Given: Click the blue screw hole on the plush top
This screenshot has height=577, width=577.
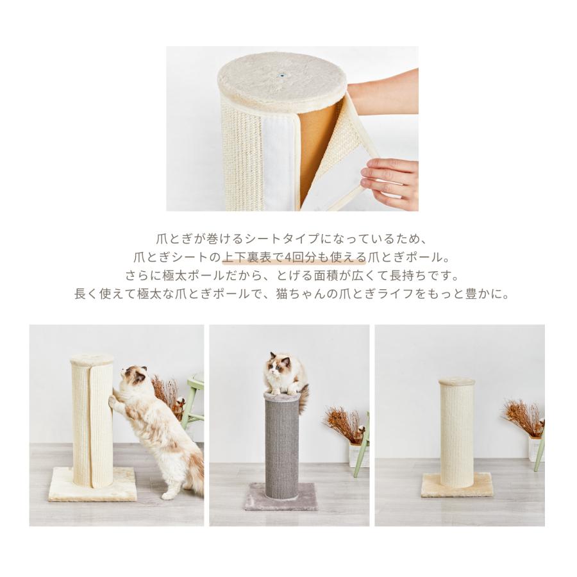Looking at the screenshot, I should coord(281,74).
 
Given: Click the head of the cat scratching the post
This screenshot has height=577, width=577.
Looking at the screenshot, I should coord(135,380).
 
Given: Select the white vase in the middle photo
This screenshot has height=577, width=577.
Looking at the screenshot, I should coord(353,455).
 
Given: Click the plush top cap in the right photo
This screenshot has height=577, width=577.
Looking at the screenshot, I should coord(456,381).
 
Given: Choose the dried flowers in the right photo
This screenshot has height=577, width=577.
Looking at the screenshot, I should coord(523,417).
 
